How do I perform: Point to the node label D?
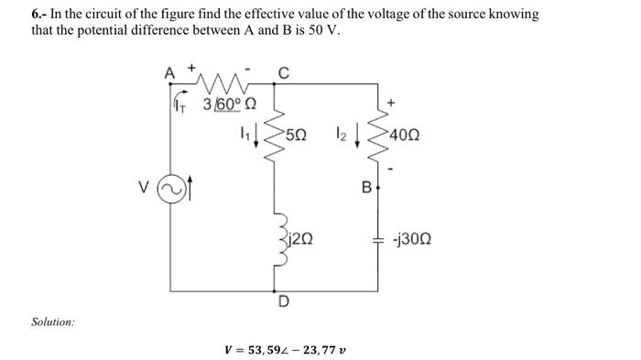[x=284, y=301]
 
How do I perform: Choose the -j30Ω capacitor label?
[x=408, y=240]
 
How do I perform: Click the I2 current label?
[x=339, y=136]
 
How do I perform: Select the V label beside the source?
[x=144, y=191]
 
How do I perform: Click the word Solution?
[x=53, y=322]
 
